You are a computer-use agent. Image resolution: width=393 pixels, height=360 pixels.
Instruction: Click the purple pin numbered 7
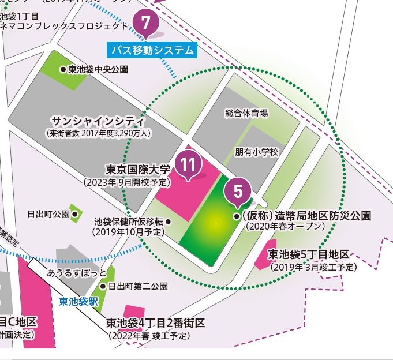tap(146, 24)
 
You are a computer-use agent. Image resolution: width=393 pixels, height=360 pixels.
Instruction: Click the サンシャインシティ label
tap(98, 121)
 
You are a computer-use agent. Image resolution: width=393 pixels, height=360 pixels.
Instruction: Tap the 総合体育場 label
tap(246, 114)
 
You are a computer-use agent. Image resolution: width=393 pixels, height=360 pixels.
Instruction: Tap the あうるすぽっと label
tap(77, 272)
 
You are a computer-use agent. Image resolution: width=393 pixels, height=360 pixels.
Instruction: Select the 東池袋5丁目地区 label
tap(309, 255)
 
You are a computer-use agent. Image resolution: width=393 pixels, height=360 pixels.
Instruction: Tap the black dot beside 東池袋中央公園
tap(63, 69)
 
